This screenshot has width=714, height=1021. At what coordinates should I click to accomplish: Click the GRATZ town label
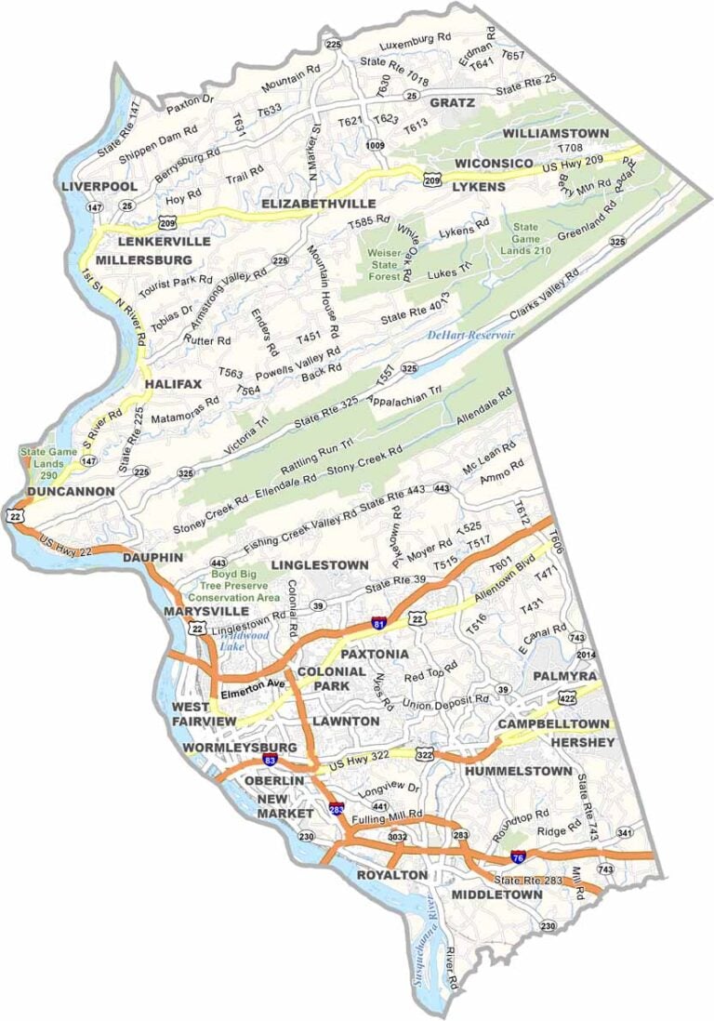[453, 102]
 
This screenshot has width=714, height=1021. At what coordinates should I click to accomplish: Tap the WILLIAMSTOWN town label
[556, 133]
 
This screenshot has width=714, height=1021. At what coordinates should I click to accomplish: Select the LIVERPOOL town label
[93, 186]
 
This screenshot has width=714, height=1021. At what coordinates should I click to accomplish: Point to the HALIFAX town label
[173, 384]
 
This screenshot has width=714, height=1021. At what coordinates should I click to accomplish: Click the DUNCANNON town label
[70, 491]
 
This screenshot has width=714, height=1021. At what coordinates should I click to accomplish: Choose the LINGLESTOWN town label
[319, 565]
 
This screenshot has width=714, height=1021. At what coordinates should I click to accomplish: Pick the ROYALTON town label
[392, 876]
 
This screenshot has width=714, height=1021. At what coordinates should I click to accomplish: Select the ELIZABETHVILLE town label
[318, 203]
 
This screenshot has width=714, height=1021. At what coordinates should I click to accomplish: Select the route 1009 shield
[375, 145]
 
